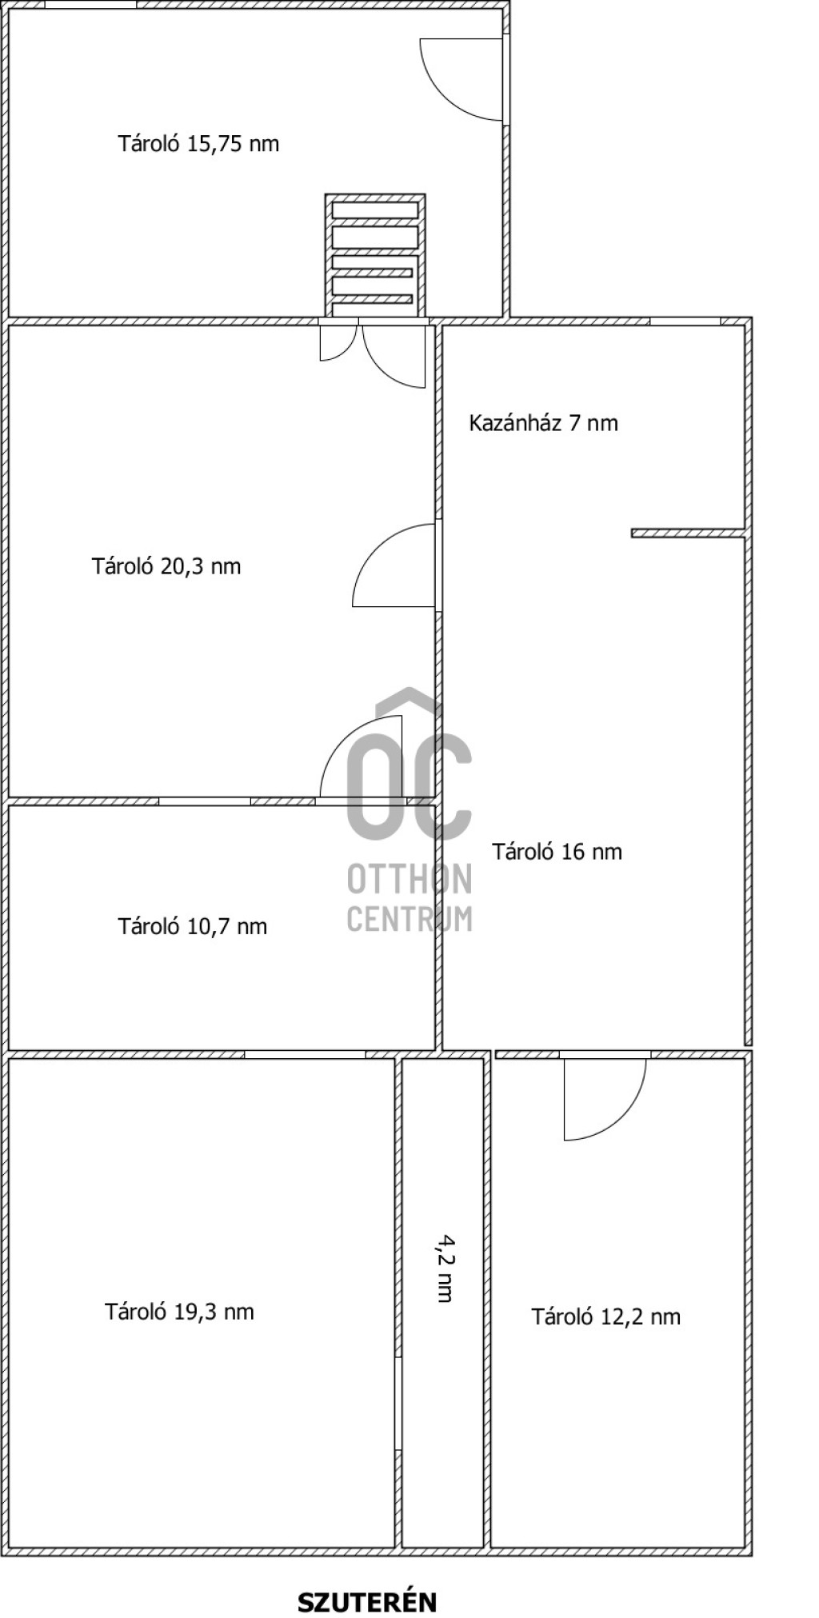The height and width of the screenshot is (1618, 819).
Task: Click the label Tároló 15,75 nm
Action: (x=198, y=144)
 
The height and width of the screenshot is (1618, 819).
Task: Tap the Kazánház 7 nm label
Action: (x=543, y=422)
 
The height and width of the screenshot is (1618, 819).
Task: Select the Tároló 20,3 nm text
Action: (x=166, y=566)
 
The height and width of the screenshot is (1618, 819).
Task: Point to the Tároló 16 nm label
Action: (x=557, y=851)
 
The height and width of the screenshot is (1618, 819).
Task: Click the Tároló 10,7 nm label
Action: (x=193, y=926)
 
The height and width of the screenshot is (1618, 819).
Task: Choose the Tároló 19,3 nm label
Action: (x=179, y=1312)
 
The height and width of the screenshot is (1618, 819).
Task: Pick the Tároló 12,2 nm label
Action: (x=606, y=1316)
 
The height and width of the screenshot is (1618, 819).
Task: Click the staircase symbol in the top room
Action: (x=375, y=255)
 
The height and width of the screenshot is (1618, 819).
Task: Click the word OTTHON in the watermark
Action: (x=409, y=878)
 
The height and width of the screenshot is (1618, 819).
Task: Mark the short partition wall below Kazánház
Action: (x=689, y=533)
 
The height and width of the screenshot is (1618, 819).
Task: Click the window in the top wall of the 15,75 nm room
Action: (x=90, y=4)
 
